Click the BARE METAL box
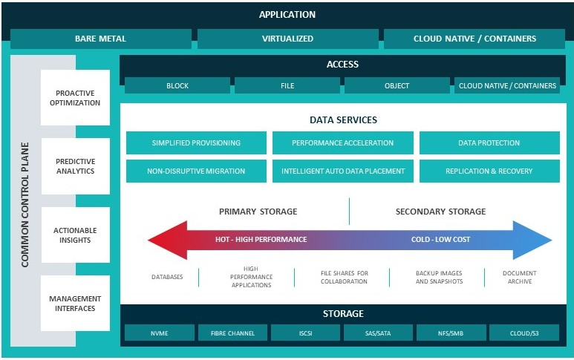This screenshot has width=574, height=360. coord(101,39)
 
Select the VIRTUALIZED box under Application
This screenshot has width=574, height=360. coord(287,39)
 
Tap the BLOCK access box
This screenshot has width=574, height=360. coord(177,85)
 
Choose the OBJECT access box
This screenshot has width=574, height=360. coord(397,85)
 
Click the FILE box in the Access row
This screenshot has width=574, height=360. coord(287,85)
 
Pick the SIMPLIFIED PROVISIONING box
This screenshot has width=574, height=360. coord(196,143)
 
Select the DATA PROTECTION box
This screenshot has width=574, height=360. coord(489,143)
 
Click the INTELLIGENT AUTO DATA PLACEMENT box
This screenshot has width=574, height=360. coord(343,171)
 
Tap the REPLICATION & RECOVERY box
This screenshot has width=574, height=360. coord(489,171)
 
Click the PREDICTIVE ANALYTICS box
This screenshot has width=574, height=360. coord(76,166)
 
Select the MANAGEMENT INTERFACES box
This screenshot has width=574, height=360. coord(76,304)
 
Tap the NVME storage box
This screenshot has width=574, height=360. coord(159,333)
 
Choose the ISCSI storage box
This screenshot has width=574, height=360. coord(305,333)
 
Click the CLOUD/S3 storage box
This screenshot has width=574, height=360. coord(524,333)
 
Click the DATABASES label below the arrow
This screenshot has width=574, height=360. coord(167,277)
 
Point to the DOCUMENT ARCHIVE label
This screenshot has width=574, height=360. coord(520,277)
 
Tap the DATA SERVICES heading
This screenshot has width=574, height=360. coord(343,120)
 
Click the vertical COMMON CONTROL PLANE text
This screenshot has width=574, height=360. coord(25,205)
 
